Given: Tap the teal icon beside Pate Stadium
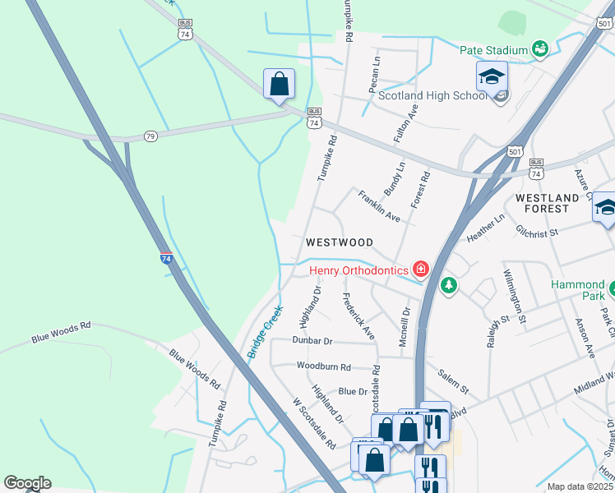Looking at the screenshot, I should point(540,50).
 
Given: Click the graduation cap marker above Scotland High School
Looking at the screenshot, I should point(492,78).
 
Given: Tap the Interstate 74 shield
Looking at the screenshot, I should point(166,258).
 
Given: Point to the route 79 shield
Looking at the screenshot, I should point(150,135).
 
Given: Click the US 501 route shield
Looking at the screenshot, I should point(515,152).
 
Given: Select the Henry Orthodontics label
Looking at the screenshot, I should point(358,270).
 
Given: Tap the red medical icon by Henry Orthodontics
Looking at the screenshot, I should point(421,269).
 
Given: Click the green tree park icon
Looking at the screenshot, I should point(448,285).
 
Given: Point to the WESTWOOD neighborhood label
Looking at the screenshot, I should point(340,242).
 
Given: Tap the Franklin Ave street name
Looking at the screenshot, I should point(378,206).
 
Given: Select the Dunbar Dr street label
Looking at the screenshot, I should point(312,340).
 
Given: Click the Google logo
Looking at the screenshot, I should point(27,483).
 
